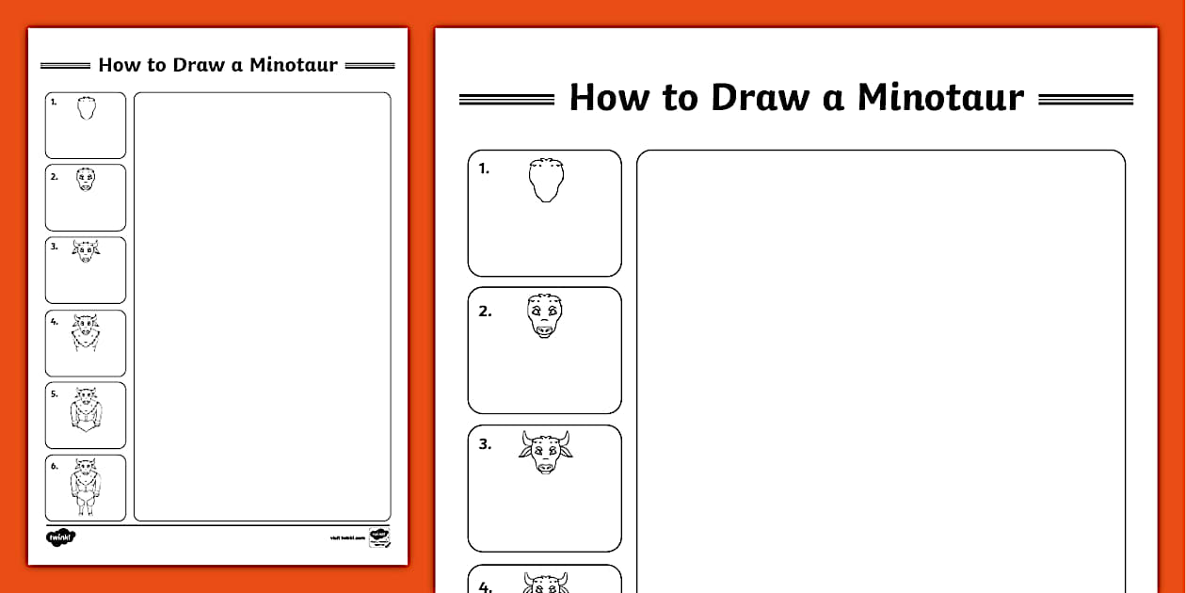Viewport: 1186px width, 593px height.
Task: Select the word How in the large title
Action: point(609,98)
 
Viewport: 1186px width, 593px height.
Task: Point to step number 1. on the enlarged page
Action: point(484,169)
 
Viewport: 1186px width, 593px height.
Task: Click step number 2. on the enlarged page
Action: point(485,312)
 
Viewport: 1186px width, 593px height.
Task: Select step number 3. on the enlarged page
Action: point(485,445)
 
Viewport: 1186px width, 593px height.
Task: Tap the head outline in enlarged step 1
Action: point(546,180)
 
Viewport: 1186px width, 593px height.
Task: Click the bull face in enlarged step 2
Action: point(545,315)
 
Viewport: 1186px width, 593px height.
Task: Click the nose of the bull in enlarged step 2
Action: point(545,329)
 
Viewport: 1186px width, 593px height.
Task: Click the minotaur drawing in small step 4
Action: point(86,333)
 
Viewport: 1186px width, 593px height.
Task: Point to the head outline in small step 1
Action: point(87,108)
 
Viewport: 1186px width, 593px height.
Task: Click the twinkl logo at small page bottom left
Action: point(60,537)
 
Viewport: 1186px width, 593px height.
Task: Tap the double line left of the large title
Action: point(506,99)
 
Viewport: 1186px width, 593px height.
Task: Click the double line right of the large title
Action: point(1085,99)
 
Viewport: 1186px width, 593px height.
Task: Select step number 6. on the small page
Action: point(55,466)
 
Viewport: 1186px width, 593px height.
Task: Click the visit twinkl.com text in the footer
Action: point(346,538)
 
